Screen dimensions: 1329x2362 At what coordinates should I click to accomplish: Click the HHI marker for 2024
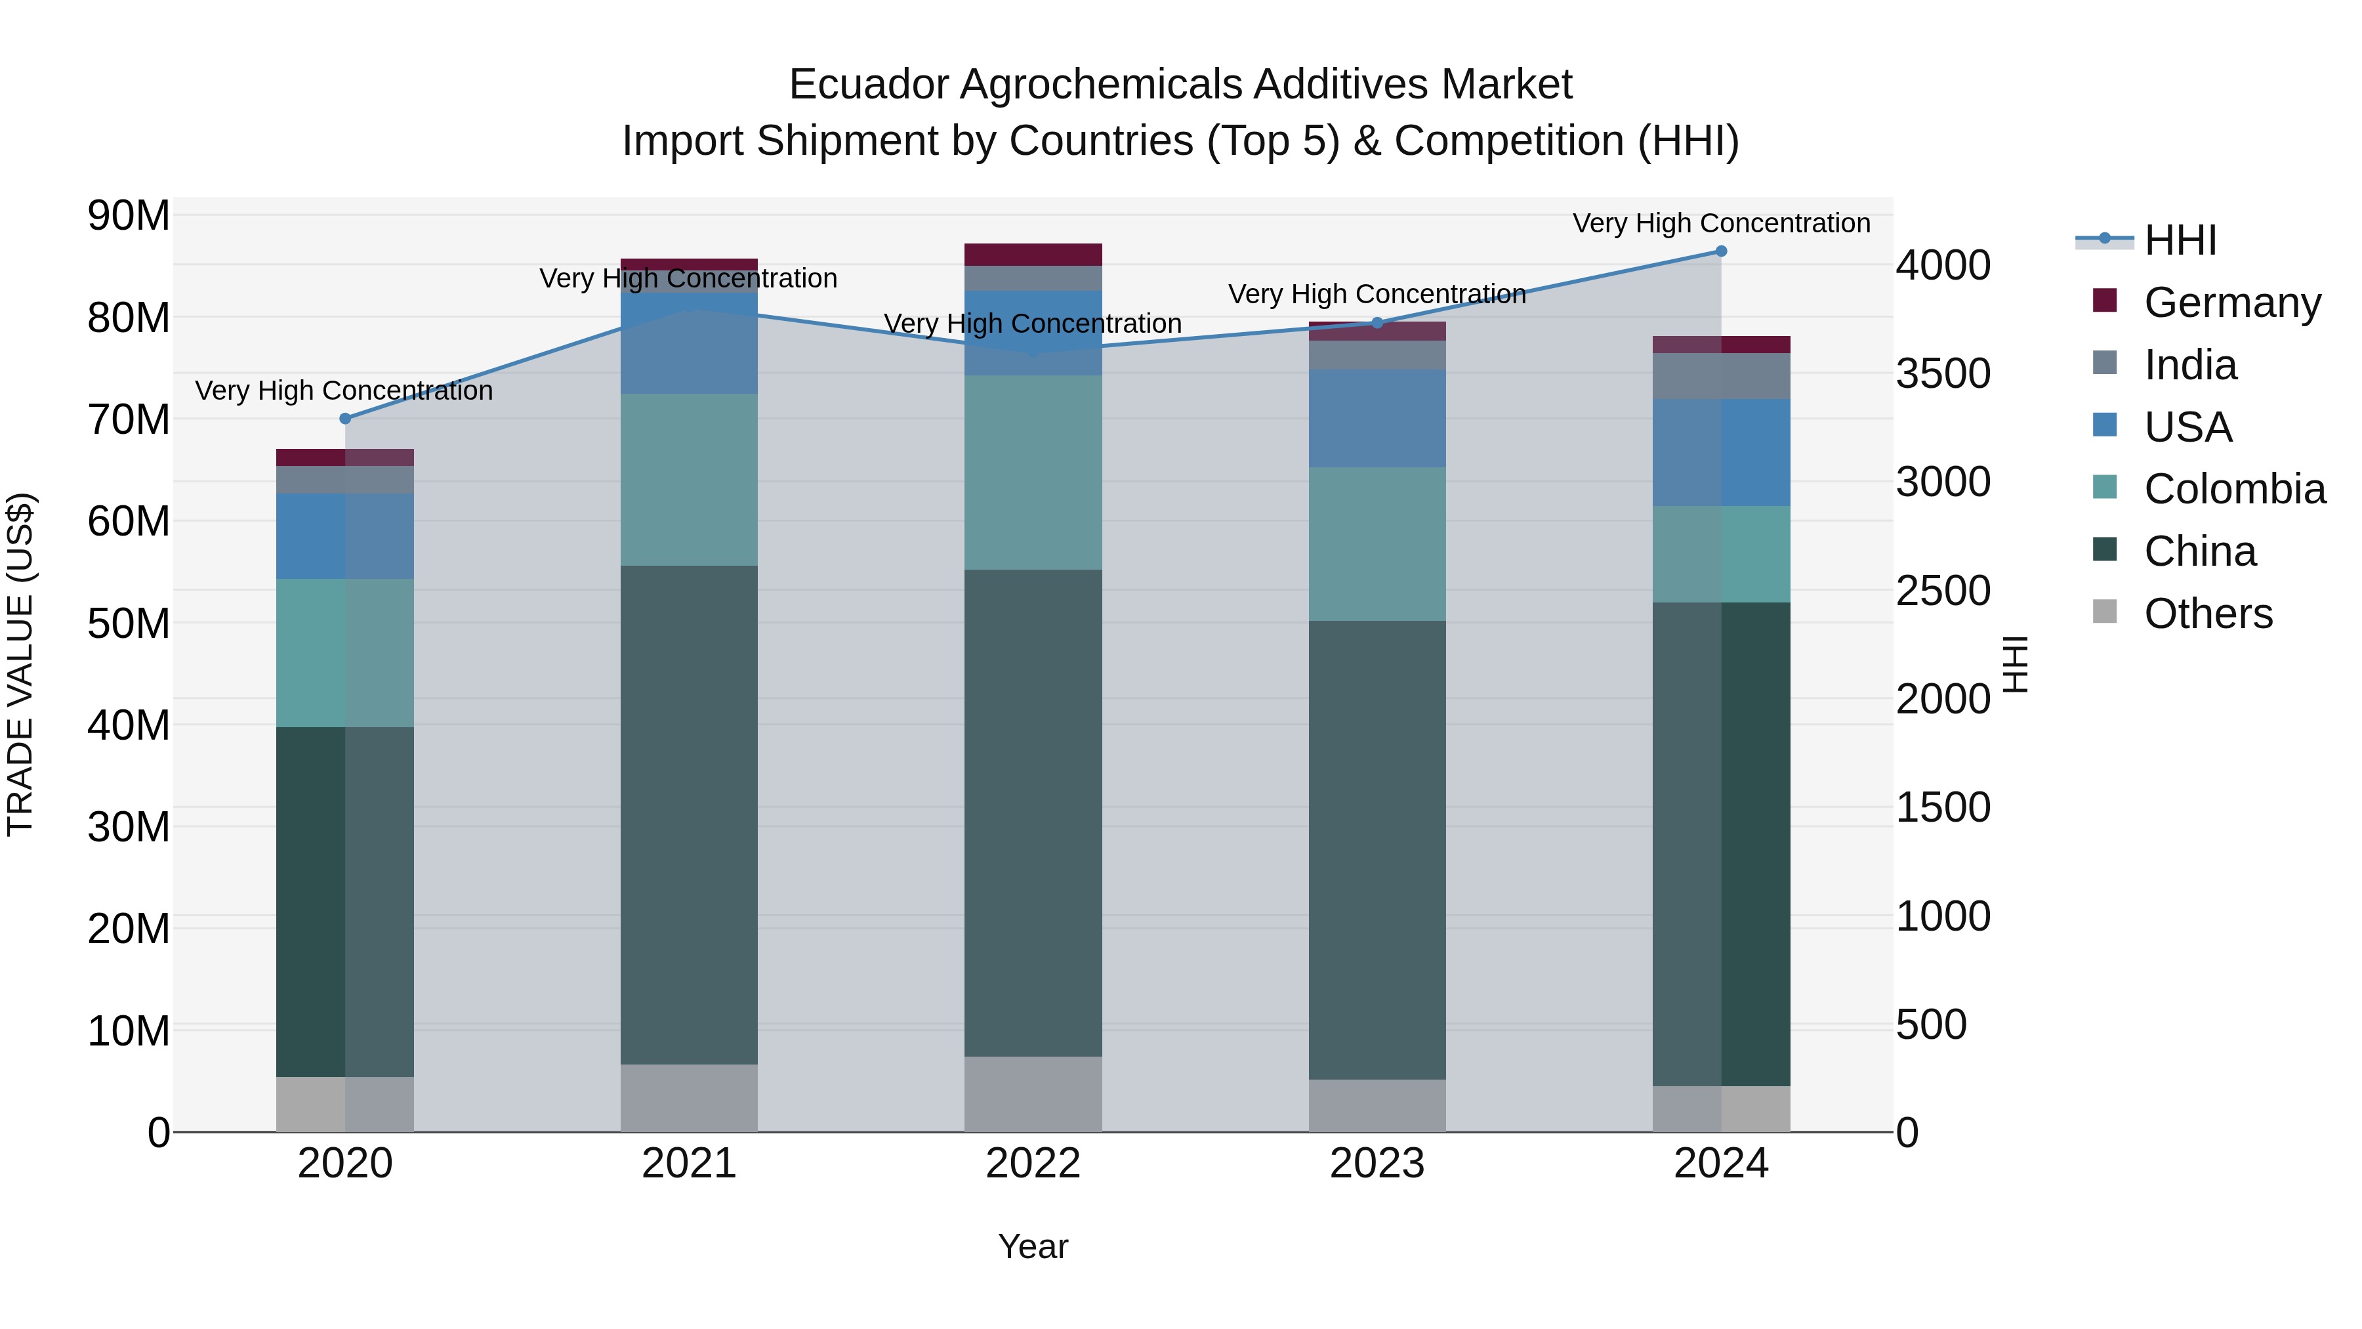coord(1721,251)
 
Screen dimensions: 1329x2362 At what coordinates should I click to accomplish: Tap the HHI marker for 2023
coord(1377,323)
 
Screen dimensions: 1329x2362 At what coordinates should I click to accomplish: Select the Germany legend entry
coord(2232,303)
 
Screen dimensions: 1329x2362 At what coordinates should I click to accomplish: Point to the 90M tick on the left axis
coord(129,217)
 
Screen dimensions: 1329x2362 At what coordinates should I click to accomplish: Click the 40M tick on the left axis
coord(129,725)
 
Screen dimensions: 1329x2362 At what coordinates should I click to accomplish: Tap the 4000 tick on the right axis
coord(1943,266)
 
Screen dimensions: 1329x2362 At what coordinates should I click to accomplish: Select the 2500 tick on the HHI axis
coord(1943,591)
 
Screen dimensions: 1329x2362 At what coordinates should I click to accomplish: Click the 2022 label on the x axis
coord(1033,1164)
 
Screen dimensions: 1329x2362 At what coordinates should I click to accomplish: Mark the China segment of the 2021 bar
coord(689,814)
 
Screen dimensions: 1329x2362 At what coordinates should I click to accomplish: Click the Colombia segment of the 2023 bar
coord(1377,544)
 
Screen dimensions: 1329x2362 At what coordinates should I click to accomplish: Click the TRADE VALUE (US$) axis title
coord(20,664)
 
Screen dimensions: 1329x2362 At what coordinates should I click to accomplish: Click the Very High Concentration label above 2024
coord(1721,224)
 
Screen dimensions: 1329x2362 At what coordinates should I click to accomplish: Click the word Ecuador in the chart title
coord(867,85)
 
